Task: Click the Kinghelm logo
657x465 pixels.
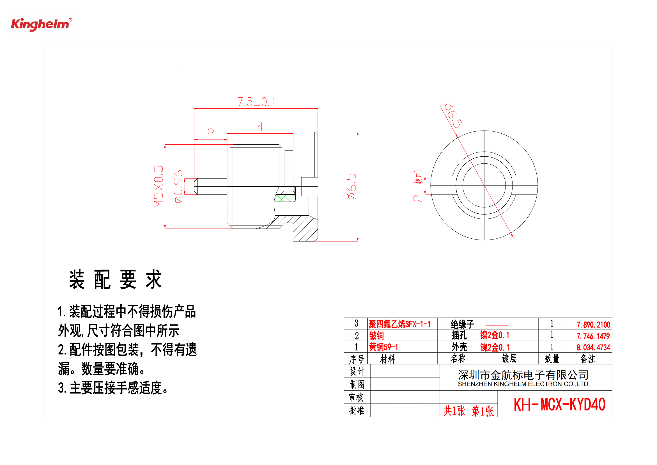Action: click(42, 24)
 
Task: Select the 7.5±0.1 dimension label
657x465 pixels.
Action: click(256, 102)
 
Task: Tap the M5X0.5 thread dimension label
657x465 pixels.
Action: click(158, 186)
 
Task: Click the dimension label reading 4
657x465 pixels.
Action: click(260, 127)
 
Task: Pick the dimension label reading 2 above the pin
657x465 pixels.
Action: click(210, 133)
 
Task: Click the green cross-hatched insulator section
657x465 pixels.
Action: click(285, 198)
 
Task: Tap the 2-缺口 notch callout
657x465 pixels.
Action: click(418, 185)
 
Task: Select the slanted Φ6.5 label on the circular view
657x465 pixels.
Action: click(453, 116)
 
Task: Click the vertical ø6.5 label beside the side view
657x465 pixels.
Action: click(352, 186)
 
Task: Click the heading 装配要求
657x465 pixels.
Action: click(116, 279)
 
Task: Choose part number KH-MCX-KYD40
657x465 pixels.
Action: click(559, 405)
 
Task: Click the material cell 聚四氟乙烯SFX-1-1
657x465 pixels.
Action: click(399, 324)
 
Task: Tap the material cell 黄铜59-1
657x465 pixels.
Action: click(383, 347)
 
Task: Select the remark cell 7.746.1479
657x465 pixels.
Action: click(593, 336)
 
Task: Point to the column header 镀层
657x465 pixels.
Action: click(509, 358)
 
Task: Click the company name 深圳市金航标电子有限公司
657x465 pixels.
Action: click(523, 375)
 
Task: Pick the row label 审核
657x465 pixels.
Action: click(357, 397)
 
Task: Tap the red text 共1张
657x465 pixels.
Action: click(454, 411)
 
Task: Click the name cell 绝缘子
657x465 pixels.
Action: click(462, 324)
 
